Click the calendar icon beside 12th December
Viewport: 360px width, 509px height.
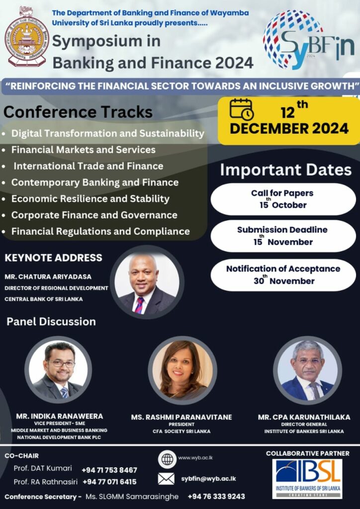pyautogui.click(x=242, y=109)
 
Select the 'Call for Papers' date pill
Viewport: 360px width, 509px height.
pyautogui.click(x=283, y=199)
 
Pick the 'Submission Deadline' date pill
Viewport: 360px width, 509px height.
pyautogui.click(x=283, y=236)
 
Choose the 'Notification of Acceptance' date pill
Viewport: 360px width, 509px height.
pyautogui.click(x=283, y=275)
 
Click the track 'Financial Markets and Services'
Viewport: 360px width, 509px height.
pyautogui.click(x=84, y=150)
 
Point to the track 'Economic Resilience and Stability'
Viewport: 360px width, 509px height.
pyautogui.click(x=90, y=199)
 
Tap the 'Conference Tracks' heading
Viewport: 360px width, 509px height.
pyautogui.click(x=78, y=112)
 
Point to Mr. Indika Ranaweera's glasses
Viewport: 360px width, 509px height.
pyautogui.click(x=61, y=363)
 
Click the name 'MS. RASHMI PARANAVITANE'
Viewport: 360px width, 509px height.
pyautogui.click(x=181, y=417)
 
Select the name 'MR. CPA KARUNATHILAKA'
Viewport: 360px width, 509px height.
pyautogui.click(x=304, y=417)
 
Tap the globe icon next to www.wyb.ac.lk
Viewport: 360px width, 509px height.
pyautogui.click(x=167, y=459)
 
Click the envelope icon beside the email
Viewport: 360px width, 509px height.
pyautogui.click(x=166, y=479)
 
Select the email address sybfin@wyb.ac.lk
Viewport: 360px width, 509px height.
pyautogui.click(x=208, y=479)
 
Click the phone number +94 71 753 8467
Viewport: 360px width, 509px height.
pyautogui.click(x=109, y=470)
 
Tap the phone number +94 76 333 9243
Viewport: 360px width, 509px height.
pyautogui.click(x=216, y=497)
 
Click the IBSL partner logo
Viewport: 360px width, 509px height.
pyautogui.click(x=307, y=479)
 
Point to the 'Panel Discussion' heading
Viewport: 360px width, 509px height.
pyautogui.click(x=51, y=322)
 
